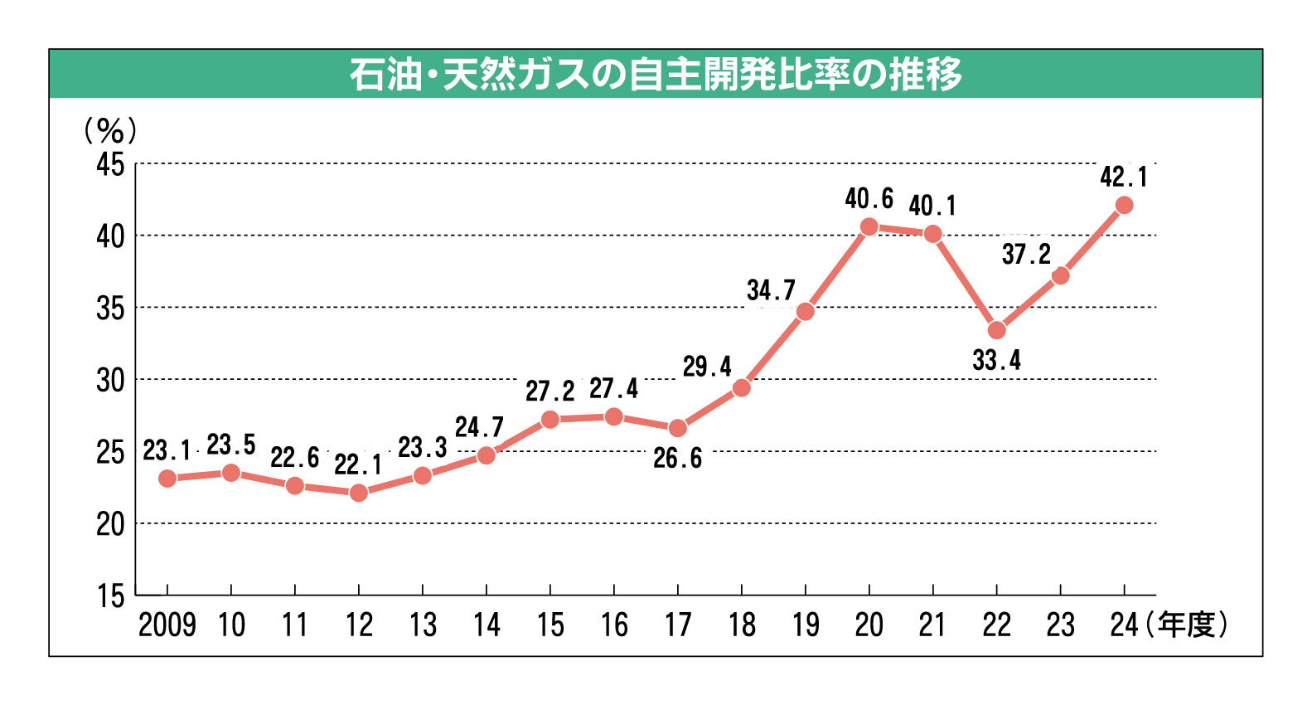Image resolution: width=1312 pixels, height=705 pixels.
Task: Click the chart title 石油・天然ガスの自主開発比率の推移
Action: pyautogui.click(x=656, y=75)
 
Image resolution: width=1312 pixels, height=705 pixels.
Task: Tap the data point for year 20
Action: pyautogui.click(x=869, y=226)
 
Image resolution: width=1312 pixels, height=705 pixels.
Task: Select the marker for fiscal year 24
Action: pyautogui.click(x=1124, y=205)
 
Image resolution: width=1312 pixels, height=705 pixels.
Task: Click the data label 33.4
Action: pyautogui.click(x=996, y=361)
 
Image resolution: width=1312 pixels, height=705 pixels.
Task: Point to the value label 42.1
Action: pyautogui.click(x=1124, y=177)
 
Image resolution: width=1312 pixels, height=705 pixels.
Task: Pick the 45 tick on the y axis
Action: pyautogui.click(x=110, y=164)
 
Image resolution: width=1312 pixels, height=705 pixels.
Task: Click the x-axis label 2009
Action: pyautogui.click(x=167, y=625)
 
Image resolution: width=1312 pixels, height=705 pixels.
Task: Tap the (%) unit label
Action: pyautogui.click(x=110, y=130)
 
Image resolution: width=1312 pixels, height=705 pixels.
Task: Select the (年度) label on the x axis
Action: pyautogui.click(x=1187, y=625)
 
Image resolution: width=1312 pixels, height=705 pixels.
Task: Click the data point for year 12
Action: pyautogui.click(x=358, y=493)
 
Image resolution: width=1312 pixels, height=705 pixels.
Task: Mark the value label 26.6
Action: pyautogui.click(x=677, y=458)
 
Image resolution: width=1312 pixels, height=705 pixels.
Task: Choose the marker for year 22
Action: pyautogui.click(x=996, y=330)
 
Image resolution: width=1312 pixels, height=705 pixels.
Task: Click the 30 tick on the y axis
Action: pyautogui.click(x=110, y=380)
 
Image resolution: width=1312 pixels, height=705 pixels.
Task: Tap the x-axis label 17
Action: pyautogui.click(x=677, y=625)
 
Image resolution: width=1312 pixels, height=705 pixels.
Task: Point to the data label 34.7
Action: pyautogui.click(x=771, y=290)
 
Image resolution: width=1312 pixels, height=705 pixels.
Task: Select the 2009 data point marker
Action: pyautogui.click(x=167, y=479)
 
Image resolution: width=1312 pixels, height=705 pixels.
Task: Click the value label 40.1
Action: pyautogui.click(x=932, y=205)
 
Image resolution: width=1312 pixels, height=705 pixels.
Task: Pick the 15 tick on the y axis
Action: pyautogui.click(x=110, y=596)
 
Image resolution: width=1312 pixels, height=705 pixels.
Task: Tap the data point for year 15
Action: pyautogui.click(x=549, y=420)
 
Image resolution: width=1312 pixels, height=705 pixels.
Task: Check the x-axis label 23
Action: pyautogui.click(x=1060, y=625)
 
